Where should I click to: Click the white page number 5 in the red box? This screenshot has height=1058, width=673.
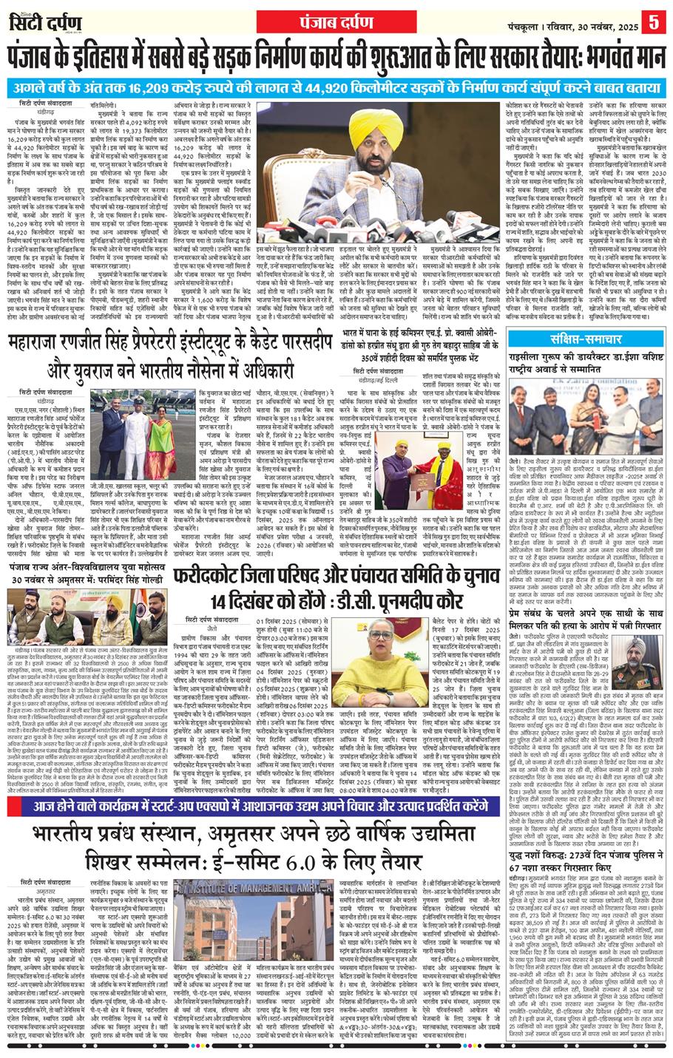point(654,19)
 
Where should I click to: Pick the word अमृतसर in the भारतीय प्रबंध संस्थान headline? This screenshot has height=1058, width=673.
point(297,835)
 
